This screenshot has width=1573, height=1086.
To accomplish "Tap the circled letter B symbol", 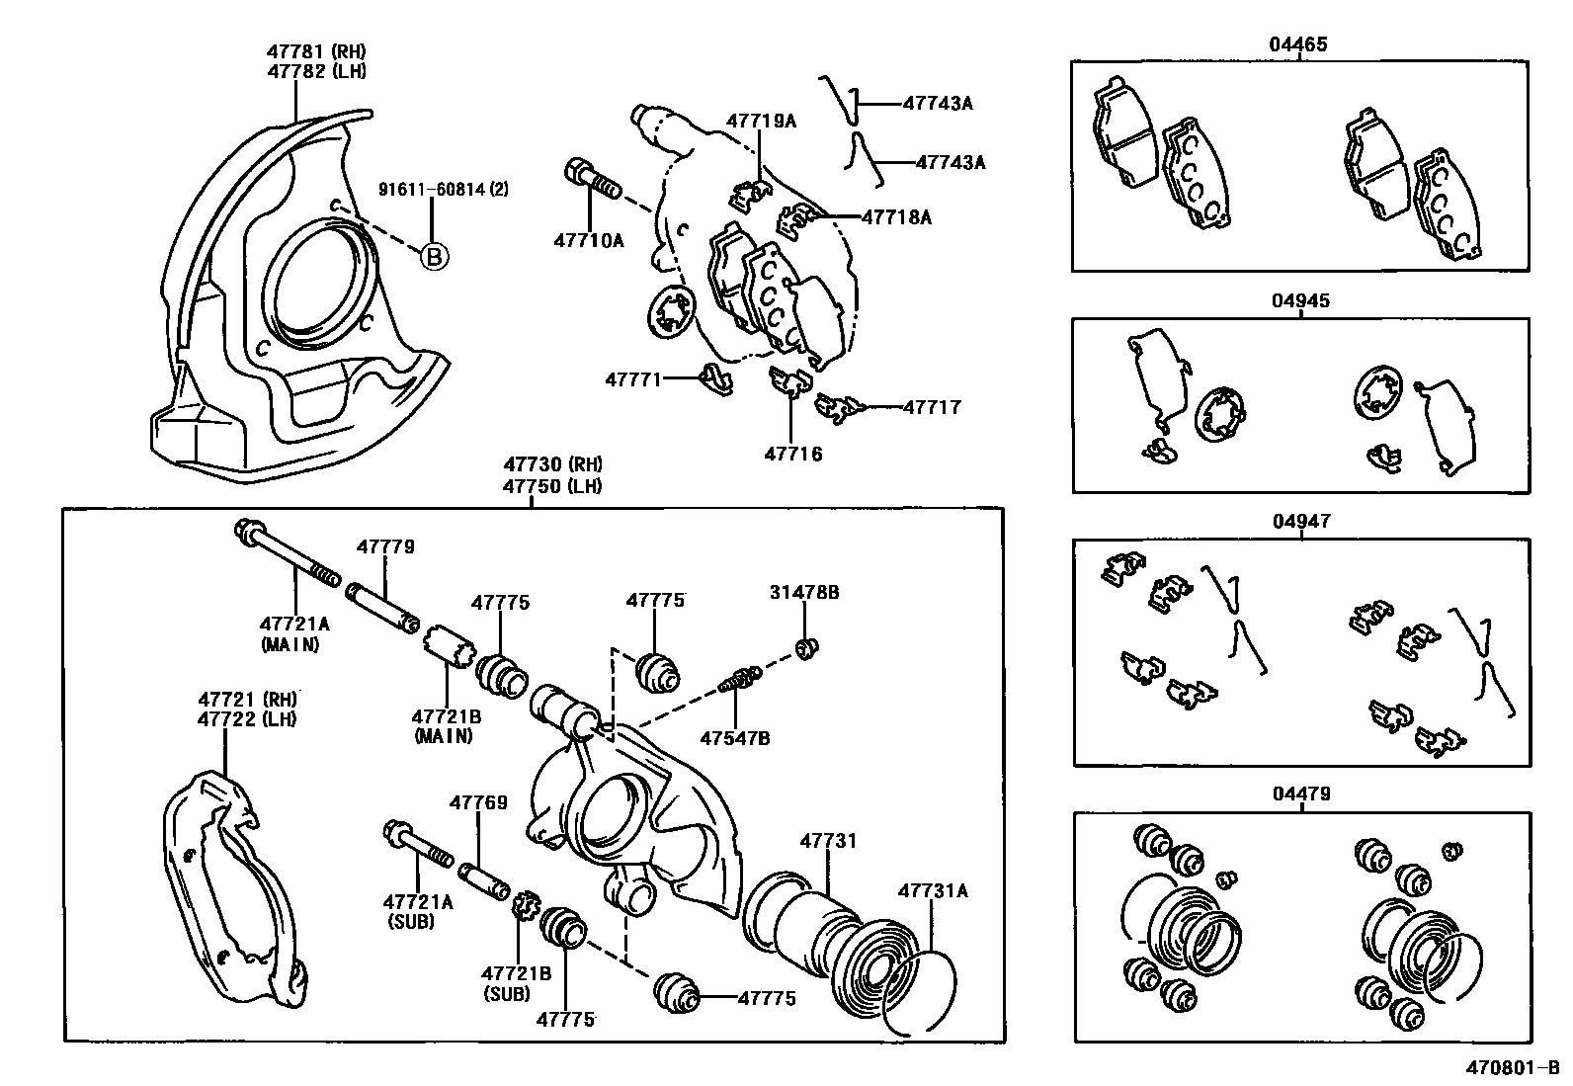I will click(x=434, y=257).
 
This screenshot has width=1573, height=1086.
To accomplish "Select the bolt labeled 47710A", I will click(x=592, y=184).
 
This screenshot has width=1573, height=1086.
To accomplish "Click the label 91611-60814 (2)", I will click(x=444, y=189).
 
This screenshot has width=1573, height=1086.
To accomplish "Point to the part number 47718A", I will click(x=896, y=216).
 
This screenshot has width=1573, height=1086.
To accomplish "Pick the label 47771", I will click(x=633, y=377).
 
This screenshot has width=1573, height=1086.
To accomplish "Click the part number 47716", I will click(x=792, y=454).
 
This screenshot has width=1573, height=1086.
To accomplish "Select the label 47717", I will click(x=932, y=406).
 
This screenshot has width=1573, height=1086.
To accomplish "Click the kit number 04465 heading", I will click(x=1298, y=44).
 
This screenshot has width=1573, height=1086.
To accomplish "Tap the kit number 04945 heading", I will click(x=1300, y=301).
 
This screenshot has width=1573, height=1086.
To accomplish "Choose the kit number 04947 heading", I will click(x=1301, y=521).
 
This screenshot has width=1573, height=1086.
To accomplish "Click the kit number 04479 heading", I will click(x=1301, y=794).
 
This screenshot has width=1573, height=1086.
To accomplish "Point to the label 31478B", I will click(x=804, y=592).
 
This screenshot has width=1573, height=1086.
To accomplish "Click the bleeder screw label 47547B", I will click(x=735, y=737).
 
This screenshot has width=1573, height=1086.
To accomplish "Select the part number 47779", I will click(x=385, y=546).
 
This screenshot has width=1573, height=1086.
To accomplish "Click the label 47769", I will click(x=478, y=802).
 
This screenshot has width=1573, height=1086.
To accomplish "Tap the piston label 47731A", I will click(x=932, y=890).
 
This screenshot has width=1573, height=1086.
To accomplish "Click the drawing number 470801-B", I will click(x=1511, y=1067).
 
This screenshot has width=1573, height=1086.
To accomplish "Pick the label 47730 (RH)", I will click(x=552, y=464).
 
